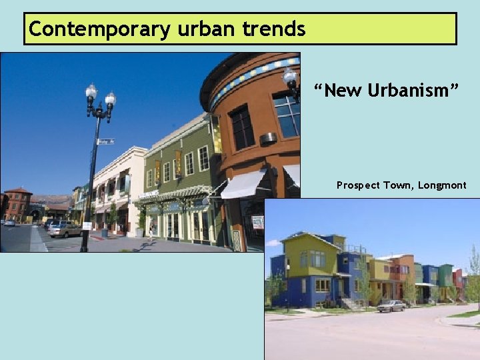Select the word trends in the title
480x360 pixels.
pyautogui.click(x=279, y=29)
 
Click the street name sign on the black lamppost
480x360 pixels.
pyautogui.click(x=105, y=141)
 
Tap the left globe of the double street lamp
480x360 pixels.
pyautogui.click(x=91, y=93)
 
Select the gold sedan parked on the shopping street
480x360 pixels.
pyautogui.click(x=65, y=230)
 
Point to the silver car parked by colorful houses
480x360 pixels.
pyautogui.click(x=391, y=306)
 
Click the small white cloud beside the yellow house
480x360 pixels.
pyautogui.click(x=274, y=243)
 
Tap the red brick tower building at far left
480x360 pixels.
pyautogui.click(x=18, y=203)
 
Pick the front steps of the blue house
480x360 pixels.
pyautogui.click(x=347, y=304)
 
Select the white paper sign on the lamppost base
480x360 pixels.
pyautogui.click(x=87, y=226)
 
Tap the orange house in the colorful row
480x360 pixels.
pyautogui.click(x=404, y=267)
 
